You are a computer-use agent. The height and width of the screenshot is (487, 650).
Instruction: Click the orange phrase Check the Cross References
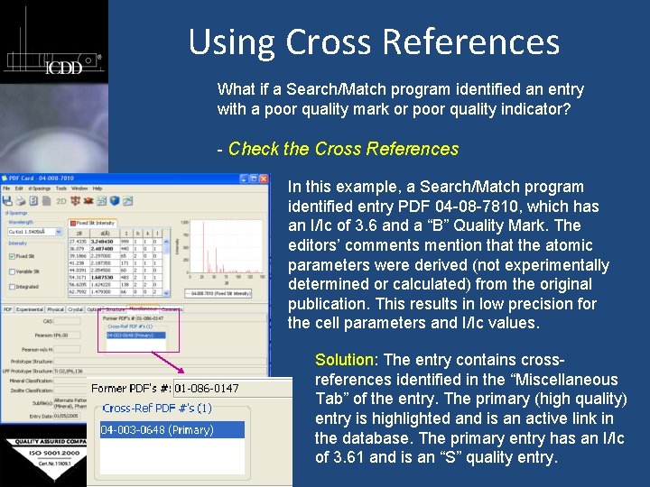[x=343, y=149]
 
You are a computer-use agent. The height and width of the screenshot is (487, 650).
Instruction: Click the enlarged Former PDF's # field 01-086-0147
[x=207, y=389]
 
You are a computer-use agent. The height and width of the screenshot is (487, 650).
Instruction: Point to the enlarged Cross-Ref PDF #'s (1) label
[x=157, y=409]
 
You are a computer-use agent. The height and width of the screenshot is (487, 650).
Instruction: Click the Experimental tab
[x=29, y=309]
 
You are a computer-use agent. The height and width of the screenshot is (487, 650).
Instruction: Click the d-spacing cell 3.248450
[x=107, y=241]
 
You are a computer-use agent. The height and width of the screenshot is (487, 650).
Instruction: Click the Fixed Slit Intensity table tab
[x=96, y=222]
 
